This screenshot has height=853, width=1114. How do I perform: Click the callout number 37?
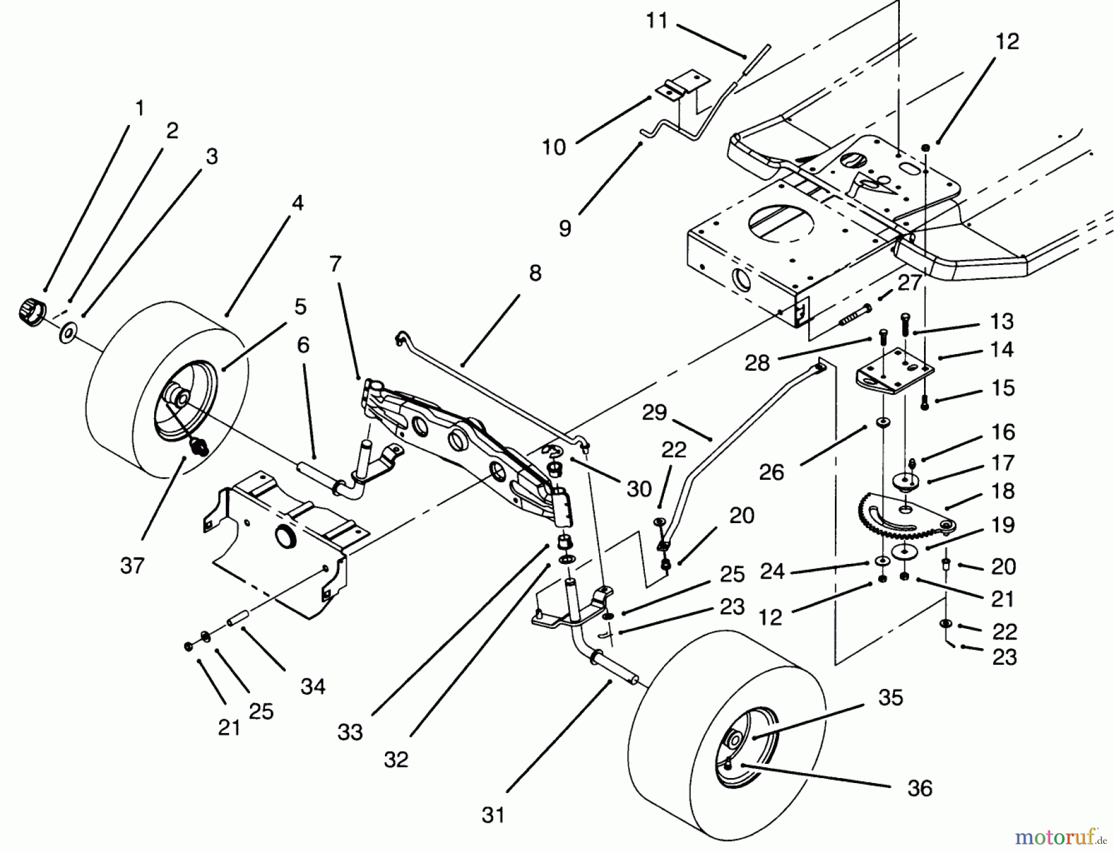[x=132, y=565]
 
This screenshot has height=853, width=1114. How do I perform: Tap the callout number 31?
[x=493, y=815]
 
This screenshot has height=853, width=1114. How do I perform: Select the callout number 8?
[x=535, y=273]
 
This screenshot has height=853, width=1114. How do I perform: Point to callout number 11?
[x=657, y=20]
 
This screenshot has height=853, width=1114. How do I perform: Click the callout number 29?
[x=654, y=412]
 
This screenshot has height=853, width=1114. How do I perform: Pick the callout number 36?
[x=920, y=788]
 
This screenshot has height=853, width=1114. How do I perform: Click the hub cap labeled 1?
[x=29, y=309]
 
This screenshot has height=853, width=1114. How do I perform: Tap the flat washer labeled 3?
[x=67, y=335]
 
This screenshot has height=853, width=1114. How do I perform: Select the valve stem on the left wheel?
[x=199, y=445]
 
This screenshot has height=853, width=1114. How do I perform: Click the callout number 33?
[x=350, y=732]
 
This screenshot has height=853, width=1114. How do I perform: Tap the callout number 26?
[x=771, y=472]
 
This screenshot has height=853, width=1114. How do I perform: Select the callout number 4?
[x=298, y=202]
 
